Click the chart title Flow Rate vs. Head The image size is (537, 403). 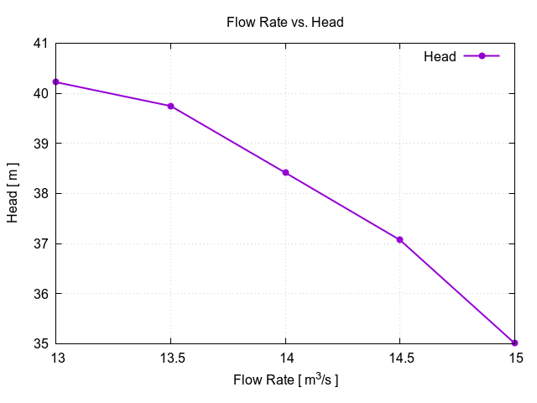(x=285, y=23)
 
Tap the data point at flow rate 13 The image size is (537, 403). (x=56, y=81)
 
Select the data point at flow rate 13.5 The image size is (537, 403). (x=170, y=106)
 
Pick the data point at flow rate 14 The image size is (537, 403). (x=285, y=173)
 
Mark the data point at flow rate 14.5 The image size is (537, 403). (x=400, y=239)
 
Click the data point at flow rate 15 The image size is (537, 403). (x=514, y=343)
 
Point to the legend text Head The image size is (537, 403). (x=440, y=56)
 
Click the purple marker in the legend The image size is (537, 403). (x=482, y=56)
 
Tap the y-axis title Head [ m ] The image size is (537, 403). (x=13, y=193)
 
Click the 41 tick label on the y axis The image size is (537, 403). (x=39, y=43)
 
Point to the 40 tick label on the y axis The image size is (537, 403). (x=39, y=93)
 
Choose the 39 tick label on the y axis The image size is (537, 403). (x=39, y=144)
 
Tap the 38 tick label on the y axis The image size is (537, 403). (x=39, y=194)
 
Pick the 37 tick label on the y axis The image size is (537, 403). (x=39, y=244)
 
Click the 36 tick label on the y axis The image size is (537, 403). (x=39, y=294)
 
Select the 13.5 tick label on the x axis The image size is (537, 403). (x=170, y=357)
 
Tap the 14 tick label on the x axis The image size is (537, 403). (x=285, y=357)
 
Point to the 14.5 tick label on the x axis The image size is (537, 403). (x=400, y=357)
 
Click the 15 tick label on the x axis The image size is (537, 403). (x=514, y=357)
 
